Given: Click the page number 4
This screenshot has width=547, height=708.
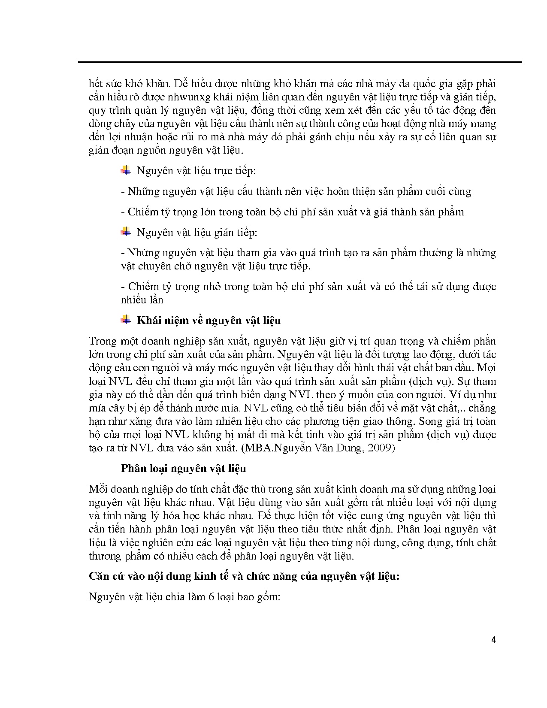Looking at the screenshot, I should (x=493, y=640).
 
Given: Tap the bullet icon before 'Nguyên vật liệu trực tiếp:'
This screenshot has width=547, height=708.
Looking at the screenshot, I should (x=126, y=170).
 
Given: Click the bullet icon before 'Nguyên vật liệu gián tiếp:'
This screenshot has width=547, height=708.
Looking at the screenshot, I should (x=126, y=232).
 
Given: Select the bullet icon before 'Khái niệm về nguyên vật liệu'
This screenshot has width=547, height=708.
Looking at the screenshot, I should (x=126, y=320).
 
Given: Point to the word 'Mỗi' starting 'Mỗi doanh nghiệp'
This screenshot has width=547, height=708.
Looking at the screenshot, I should (x=97, y=489).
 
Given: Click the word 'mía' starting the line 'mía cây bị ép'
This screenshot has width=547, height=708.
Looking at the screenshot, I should (x=97, y=408).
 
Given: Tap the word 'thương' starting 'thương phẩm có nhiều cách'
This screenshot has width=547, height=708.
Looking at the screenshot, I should (x=104, y=556).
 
